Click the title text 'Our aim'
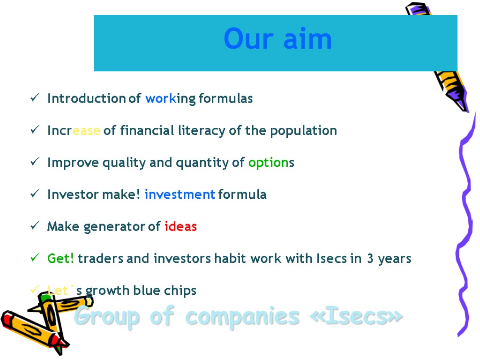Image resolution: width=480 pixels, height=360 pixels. point(277,39)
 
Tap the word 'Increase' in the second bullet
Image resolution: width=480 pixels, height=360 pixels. point(74,131)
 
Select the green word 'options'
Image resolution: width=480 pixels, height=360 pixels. point(271,163)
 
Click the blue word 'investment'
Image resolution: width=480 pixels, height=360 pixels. point(180,195)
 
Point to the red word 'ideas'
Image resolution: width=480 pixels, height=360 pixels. point(180,227)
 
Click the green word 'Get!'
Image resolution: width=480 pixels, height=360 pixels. point(61,259)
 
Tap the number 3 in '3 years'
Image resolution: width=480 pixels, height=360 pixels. point(370,259)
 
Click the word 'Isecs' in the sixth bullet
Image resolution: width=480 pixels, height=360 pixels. point(332,259)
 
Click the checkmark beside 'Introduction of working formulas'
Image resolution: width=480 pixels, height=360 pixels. point(35,98)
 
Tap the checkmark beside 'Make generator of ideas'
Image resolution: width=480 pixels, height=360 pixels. point(35,226)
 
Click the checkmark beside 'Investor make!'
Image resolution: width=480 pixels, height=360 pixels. point(35,195)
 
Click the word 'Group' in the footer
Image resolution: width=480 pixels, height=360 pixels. point(107,317)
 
